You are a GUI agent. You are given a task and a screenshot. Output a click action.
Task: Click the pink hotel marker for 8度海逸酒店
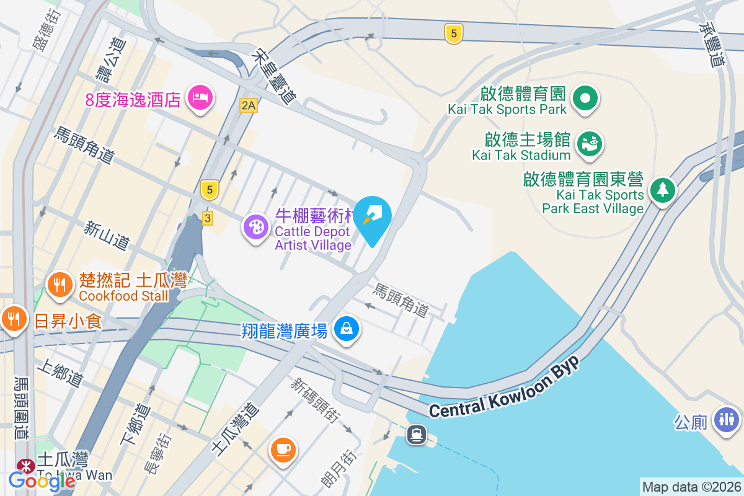click(x=200, y=97)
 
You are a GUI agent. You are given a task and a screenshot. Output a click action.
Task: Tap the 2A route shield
click(x=249, y=105)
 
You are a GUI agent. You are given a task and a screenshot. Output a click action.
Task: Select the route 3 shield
click(x=208, y=218)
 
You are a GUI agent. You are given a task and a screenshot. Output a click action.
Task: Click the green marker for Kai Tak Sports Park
click(x=585, y=98)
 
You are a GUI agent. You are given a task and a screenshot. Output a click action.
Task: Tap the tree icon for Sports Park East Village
click(x=663, y=188)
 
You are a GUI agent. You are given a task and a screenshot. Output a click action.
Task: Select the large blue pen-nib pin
click(x=373, y=216)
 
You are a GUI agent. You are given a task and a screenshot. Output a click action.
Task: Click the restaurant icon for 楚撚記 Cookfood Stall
click(x=60, y=285)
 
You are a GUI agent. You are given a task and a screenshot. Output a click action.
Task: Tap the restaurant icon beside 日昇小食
click(x=14, y=319)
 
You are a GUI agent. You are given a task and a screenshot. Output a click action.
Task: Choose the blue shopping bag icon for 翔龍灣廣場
click(x=346, y=329)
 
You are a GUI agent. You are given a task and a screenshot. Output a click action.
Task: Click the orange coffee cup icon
click(x=283, y=448)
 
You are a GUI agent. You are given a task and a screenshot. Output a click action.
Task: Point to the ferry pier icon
click(x=416, y=434)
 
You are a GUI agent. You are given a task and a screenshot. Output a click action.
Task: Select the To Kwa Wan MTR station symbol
click(x=25, y=464)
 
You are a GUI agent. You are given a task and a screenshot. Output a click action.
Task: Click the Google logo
click(x=33, y=480)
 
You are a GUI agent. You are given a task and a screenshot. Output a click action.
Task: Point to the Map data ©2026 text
click(x=691, y=487)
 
